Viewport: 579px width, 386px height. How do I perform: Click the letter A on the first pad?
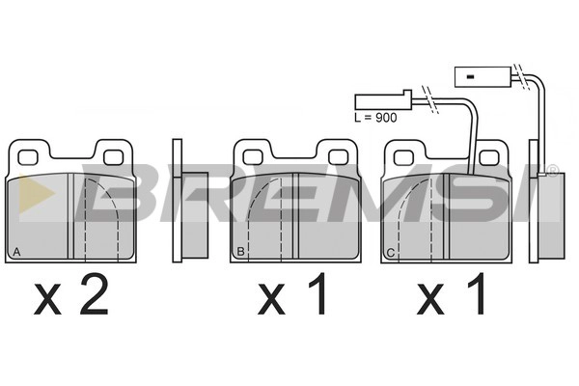click(16, 252)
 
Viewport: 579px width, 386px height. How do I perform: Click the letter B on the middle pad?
click(240, 252)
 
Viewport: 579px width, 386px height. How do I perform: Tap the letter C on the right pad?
click(390, 253)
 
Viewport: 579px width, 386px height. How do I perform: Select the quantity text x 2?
click(71, 294)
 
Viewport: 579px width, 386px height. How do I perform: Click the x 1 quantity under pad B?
click(291, 294)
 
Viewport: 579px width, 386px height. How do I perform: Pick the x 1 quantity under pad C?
click(451, 294)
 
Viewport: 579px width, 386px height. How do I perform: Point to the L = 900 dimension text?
click(375, 118)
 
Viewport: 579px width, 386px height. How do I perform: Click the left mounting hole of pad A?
click(28, 157)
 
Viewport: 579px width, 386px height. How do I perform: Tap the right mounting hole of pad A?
click(113, 157)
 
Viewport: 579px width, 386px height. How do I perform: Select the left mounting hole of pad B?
click(253, 157)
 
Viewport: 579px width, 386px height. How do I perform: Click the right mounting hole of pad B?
click(339, 157)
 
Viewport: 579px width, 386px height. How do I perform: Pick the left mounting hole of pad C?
click(403, 158)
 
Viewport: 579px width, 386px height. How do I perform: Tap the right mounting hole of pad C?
click(489, 158)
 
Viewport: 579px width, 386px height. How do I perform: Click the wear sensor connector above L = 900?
click(383, 100)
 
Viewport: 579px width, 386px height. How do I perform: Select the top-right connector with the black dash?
click(483, 77)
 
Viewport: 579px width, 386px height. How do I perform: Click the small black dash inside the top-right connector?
click(470, 77)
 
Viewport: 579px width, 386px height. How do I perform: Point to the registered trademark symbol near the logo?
click(552, 171)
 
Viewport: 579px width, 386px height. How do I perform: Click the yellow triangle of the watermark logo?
click(36, 193)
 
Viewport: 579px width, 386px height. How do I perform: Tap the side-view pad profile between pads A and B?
click(190, 201)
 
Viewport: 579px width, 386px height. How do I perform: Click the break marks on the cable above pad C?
click(430, 100)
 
